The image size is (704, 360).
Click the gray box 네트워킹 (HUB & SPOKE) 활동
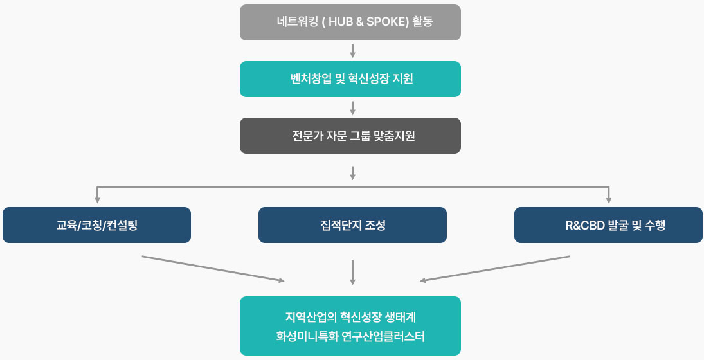(350, 22)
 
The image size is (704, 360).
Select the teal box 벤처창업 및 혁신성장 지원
(350, 79)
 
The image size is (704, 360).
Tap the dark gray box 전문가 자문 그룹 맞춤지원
(350, 136)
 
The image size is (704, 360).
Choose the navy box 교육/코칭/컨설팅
(96, 225)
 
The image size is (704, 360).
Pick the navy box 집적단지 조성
(352, 225)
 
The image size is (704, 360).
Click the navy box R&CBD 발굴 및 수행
(608, 225)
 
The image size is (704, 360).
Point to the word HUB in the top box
(343, 22)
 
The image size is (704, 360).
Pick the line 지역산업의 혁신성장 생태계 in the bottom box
(350, 317)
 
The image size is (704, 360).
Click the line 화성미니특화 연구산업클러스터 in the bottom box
(350, 336)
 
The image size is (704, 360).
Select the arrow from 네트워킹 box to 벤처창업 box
(352, 51)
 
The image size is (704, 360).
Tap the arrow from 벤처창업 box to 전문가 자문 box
(352, 107)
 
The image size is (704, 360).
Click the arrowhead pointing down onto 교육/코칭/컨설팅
(97, 199)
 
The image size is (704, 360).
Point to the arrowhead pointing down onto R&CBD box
(608, 199)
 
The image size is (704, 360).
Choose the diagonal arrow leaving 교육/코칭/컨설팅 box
(212, 268)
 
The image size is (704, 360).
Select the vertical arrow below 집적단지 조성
(352, 271)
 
